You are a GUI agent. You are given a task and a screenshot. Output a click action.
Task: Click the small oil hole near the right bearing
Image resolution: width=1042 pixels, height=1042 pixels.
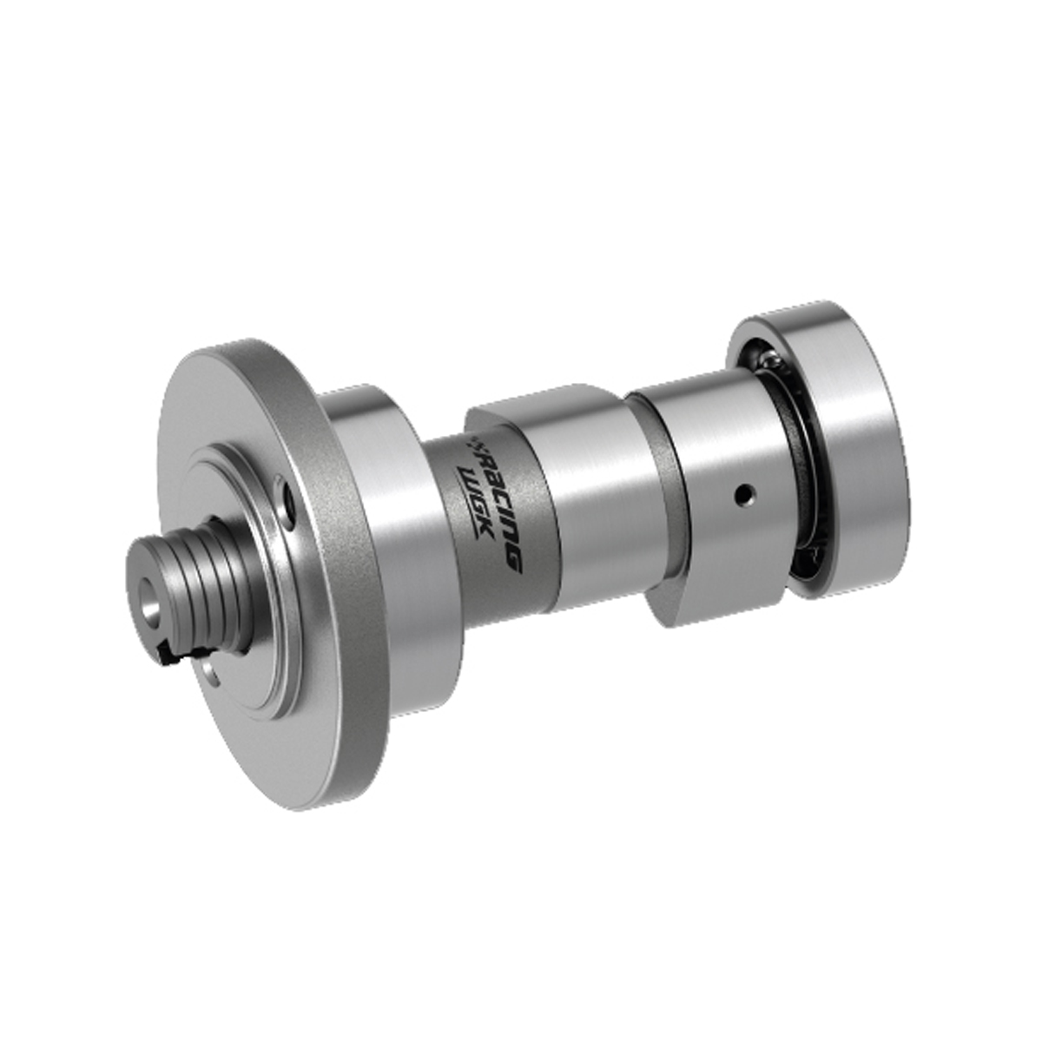[x=744, y=494]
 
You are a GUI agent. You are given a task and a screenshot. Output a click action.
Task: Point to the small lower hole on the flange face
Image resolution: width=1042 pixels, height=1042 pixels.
[x=210, y=670]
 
